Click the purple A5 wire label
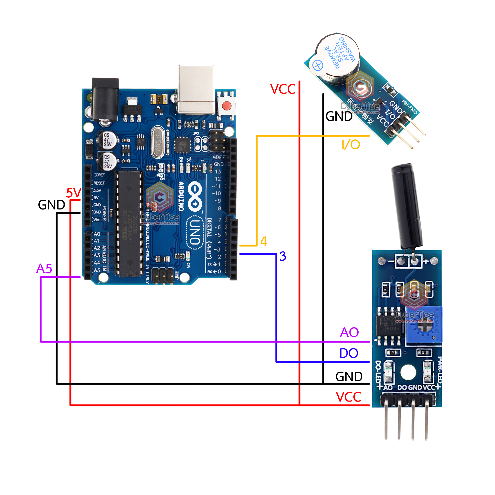[44, 268]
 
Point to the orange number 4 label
[264, 241]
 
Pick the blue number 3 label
[283, 256]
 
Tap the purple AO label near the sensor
[349, 332]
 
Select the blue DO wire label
[349, 353]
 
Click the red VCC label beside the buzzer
[283, 89]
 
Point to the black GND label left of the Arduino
[51, 205]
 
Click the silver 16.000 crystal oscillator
[158, 142]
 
